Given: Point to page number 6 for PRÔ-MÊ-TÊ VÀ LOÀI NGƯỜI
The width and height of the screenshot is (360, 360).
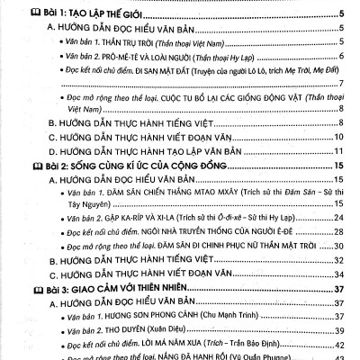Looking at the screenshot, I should click(x=343, y=56).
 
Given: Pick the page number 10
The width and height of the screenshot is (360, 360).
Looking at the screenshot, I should click(x=340, y=138).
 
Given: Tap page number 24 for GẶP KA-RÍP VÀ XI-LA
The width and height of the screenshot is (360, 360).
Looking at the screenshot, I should click(x=340, y=218).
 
